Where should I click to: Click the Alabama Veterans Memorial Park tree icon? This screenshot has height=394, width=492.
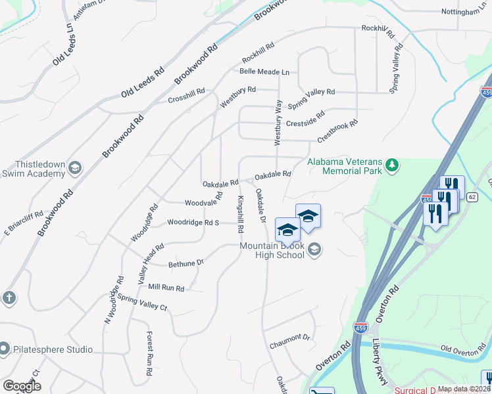pos(392,164)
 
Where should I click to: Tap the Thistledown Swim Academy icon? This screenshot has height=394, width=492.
pos(74,167)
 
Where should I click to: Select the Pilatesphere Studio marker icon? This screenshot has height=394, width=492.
pos(5,349)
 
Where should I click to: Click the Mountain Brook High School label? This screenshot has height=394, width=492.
pos(272,250)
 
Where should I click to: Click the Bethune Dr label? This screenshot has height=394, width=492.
pos(186,263)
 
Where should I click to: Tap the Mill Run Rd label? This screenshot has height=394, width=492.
pos(166,288)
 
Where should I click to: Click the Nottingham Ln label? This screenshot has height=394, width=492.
pos(464,12)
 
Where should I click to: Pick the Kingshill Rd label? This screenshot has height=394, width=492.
pos(241,214)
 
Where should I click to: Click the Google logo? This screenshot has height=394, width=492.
pos(22,385)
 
